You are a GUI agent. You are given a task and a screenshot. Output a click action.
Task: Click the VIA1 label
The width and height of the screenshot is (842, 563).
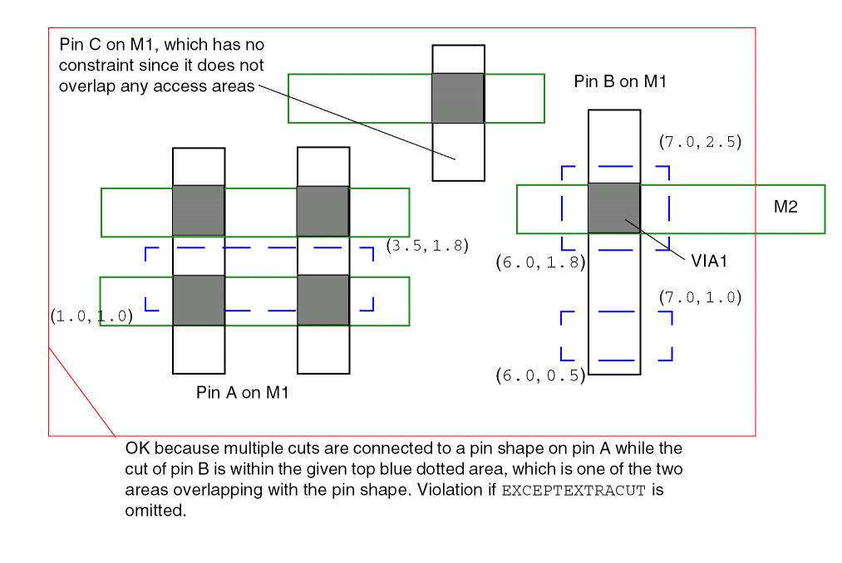click(x=709, y=261)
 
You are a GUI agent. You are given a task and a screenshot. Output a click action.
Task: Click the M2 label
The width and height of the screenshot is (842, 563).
click(x=785, y=208)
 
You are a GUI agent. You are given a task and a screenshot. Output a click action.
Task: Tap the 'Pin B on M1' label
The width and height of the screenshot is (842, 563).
click(x=620, y=81)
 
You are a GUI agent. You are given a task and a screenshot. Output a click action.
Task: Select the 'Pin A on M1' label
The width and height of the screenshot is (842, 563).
click(x=242, y=393)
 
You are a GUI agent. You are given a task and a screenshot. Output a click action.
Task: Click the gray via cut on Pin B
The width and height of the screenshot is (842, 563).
click(x=613, y=208)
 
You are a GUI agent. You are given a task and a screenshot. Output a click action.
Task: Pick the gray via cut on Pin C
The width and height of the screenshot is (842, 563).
click(x=457, y=98)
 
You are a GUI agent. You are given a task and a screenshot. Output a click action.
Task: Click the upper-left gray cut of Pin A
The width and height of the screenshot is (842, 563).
click(x=198, y=211)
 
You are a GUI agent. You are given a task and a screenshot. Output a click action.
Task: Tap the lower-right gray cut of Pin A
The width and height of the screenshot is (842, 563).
click(x=323, y=300)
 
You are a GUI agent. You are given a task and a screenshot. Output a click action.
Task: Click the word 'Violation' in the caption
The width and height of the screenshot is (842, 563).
click(x=455, y=489)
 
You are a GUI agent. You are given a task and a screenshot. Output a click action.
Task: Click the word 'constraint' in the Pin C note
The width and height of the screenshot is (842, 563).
click(x=97, y=65)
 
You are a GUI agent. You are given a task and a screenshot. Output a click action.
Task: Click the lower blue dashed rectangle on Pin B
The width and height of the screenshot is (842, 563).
click(x=616, y=335)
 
